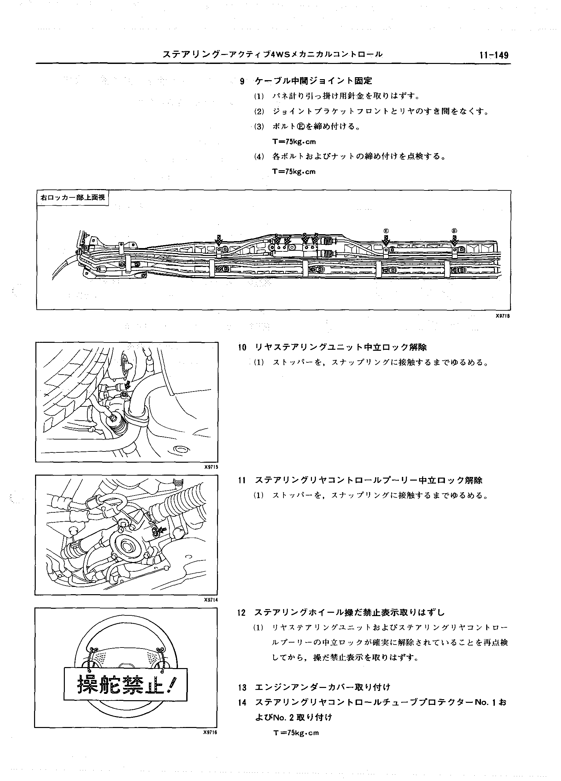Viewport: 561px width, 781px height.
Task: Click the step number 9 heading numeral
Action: [242, 81]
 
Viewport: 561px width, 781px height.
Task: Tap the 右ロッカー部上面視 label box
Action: [72, 198]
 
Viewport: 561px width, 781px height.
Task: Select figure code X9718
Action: [502, 316]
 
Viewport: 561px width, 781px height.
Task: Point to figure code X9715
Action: [211, 467]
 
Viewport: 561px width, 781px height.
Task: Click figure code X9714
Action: [211, 600]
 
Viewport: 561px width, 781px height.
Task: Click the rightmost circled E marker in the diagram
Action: [454, 231]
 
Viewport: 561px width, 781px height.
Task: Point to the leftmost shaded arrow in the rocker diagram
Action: [219, 240]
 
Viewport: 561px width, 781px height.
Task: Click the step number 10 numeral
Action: [242, 347]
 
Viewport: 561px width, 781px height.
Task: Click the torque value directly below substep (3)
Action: [294, 141]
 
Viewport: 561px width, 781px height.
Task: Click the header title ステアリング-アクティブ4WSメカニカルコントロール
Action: [272, 54]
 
